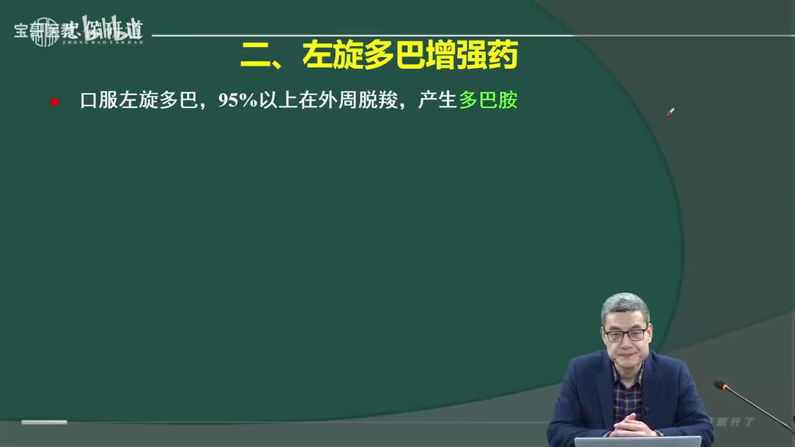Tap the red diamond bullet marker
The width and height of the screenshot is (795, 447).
(x=55, y=102)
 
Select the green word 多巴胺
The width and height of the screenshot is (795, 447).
(x=488, y=101)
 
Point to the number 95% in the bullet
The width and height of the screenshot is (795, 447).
(x=238, y=101)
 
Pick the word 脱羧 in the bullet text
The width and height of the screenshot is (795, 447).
(x=378, y=101)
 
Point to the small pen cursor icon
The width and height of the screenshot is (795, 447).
(x=670, y=112)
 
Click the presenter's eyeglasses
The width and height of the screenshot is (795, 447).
(x=625, y=335)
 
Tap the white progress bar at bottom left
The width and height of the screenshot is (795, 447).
(x=44, y=422)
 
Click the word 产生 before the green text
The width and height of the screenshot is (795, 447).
(x=437, y=101)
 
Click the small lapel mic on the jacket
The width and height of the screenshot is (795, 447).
(x=647, y=410)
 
